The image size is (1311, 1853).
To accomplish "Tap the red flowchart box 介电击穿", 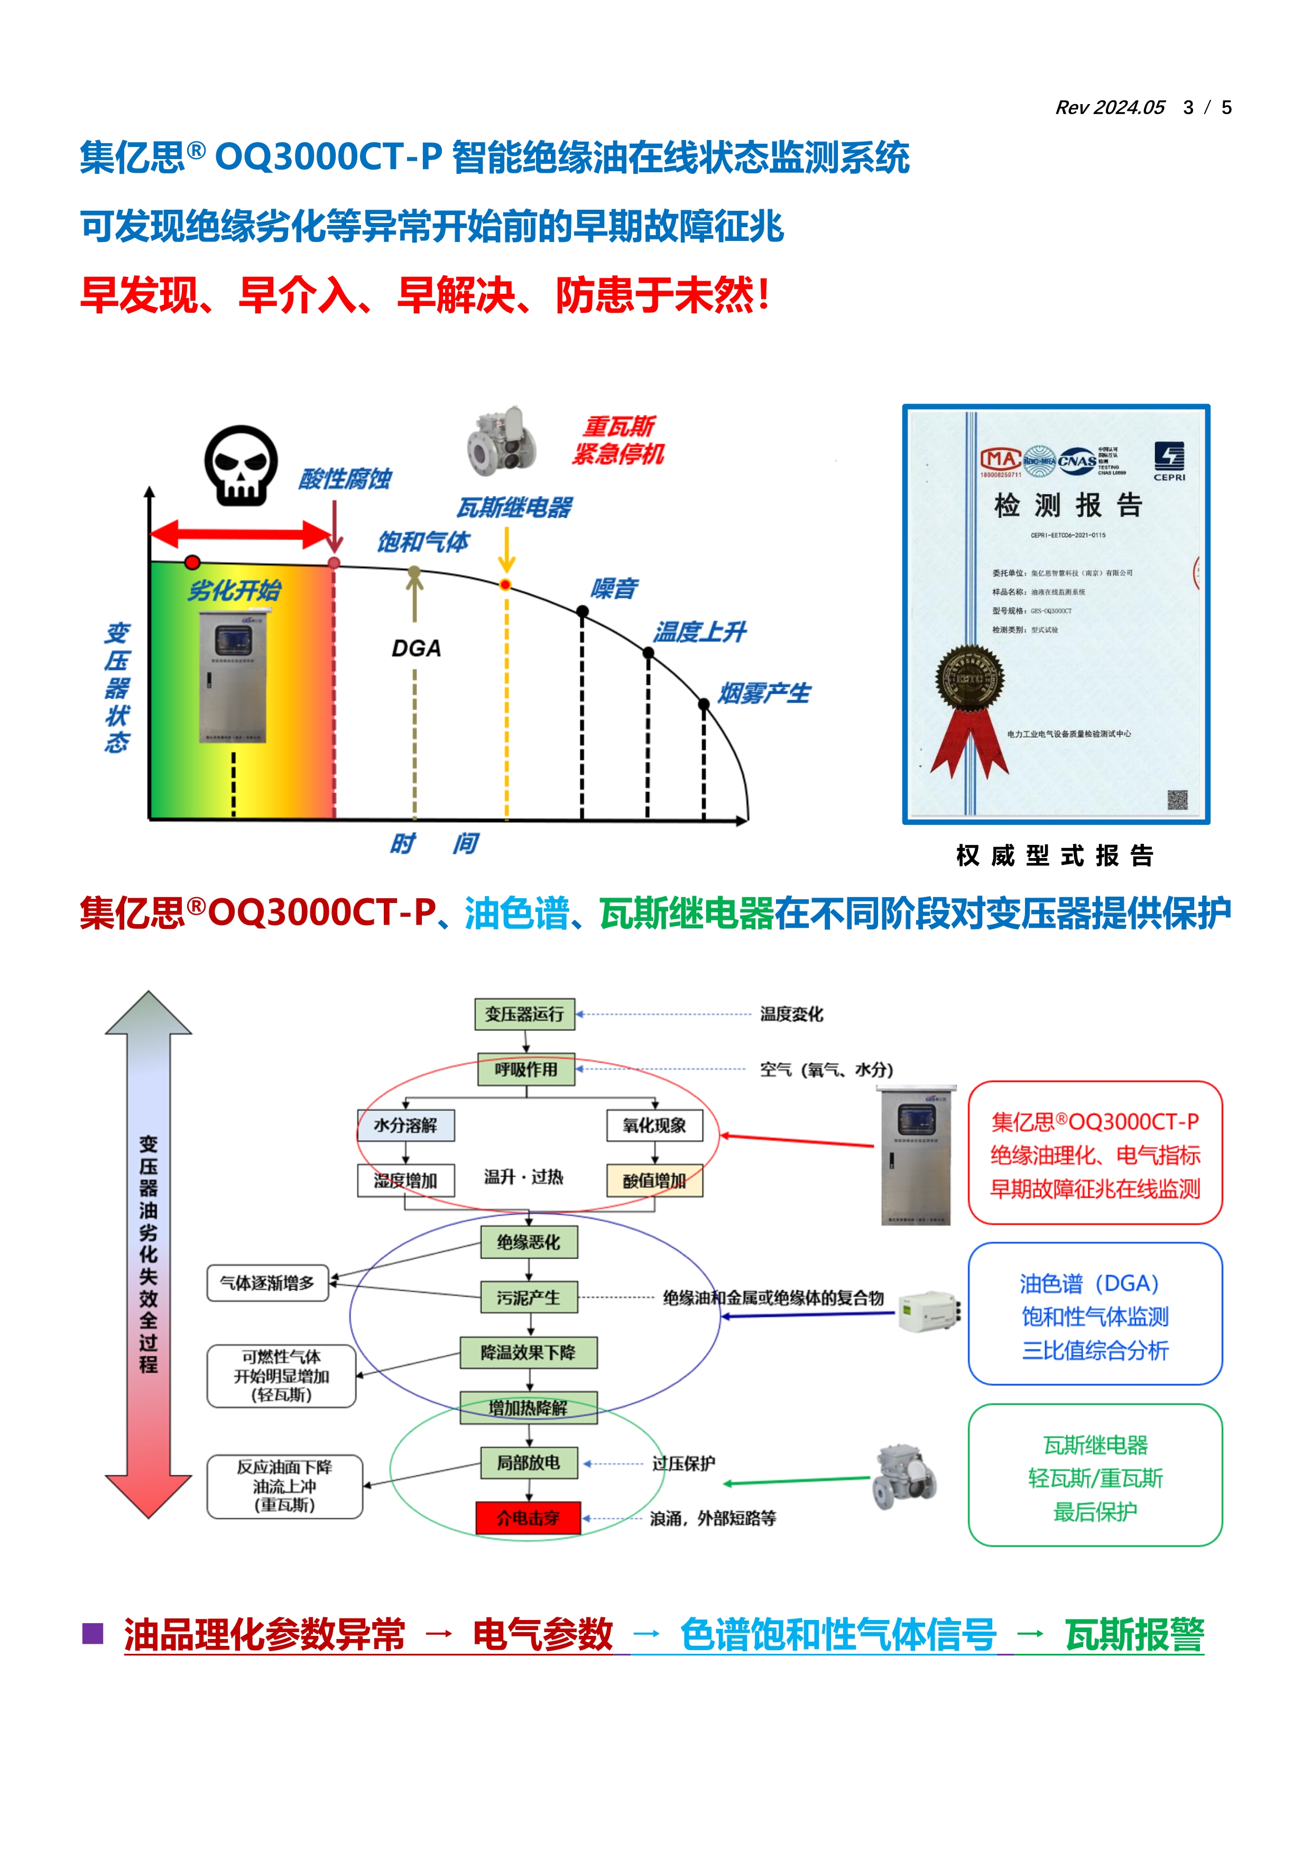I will tap(528, 1518).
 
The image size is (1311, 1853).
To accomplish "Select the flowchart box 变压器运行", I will tap(525, 1013).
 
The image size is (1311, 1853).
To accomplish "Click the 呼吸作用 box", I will tap(527, 1069).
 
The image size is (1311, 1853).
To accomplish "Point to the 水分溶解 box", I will tap(405, 1125).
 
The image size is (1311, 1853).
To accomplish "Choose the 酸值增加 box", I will tap(654, 1181).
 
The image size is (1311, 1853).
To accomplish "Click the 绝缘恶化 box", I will tap(529, 1242).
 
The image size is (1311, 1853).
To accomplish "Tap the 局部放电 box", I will tap(529, 1463).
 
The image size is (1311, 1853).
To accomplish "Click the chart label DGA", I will tap(416, 649).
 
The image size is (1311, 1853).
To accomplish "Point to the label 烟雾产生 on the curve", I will tap(764, 693).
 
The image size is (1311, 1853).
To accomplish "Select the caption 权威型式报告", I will tap(1055, 855).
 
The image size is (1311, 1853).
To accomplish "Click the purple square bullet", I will tap(93, 1634).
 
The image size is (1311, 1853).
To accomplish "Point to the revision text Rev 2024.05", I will tap(1110, 107).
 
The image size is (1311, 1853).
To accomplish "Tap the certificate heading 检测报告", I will tap(1067, 505).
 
